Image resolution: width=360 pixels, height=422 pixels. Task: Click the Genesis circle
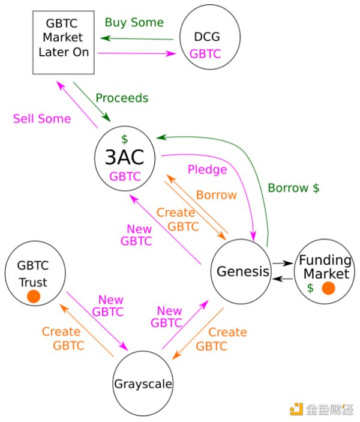point(242,272)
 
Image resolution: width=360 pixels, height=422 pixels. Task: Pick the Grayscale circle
point(143,383)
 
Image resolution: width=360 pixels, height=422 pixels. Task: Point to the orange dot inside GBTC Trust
point(34,296)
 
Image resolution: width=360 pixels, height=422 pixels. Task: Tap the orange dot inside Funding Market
point(328,289)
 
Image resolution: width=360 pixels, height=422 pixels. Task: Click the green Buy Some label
point(134,22)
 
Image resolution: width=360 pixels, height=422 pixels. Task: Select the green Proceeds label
point(122,97)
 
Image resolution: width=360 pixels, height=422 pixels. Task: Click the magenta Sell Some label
point(41,118)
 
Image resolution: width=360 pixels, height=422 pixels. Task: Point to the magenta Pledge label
point(208,169)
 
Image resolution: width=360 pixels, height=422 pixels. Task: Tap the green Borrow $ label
point(293,187)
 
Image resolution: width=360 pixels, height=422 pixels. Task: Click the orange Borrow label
point(217,194)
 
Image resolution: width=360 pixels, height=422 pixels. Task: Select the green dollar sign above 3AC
point(124,139)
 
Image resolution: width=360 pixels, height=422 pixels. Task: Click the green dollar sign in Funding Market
point(310,288)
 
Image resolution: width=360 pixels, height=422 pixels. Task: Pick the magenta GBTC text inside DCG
point(205,54)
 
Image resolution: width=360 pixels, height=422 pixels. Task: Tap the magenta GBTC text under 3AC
point(125,176)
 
